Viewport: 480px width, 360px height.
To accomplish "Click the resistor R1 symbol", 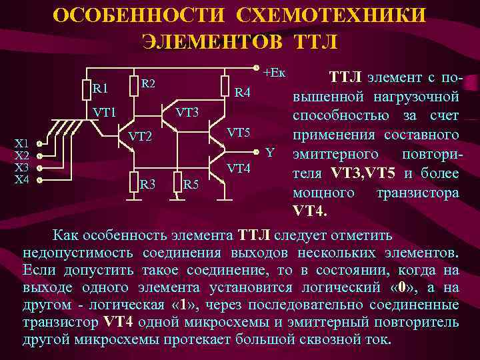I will point(85,87).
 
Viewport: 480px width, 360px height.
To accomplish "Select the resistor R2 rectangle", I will point(132,84).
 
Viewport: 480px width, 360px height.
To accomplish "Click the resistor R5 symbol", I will point(176,182).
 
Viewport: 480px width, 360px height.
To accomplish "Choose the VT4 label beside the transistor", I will point(238,168).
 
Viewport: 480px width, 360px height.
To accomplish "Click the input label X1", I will point(22,143).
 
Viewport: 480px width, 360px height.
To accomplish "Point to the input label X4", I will point(22,180).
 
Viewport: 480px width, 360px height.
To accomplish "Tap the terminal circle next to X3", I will point(40,168).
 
